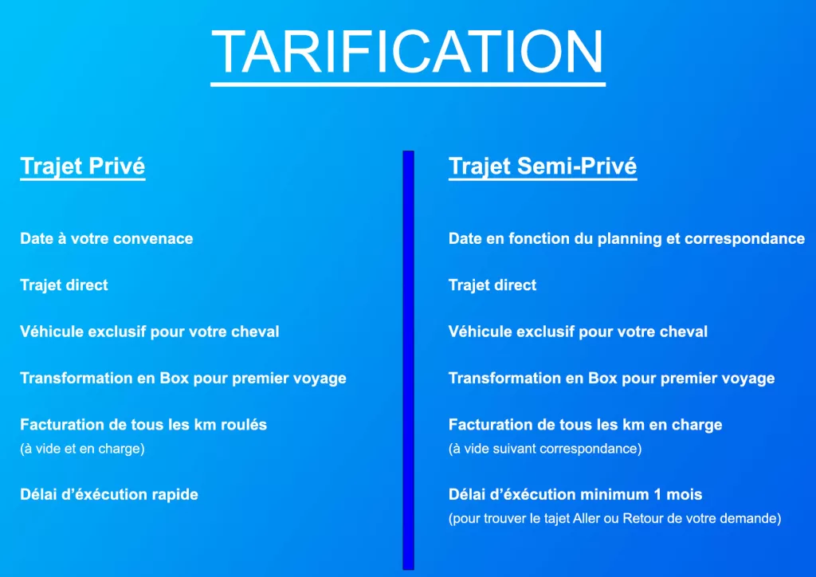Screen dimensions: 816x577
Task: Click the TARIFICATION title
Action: click(x=407, y=52)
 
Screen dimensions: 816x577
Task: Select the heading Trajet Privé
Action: click(x=82, y=167)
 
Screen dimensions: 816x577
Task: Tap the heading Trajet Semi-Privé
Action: click(x=543, y=167)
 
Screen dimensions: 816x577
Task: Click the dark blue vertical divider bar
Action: click(x=409, y=360)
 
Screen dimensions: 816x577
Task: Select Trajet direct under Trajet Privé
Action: click(x=64, y=285)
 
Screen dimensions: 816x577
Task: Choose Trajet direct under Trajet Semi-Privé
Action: click(x=492, y=285)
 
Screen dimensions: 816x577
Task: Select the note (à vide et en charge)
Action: click(x=82, y=449)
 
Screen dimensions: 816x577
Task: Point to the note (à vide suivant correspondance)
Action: click(x=545, y=449)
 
